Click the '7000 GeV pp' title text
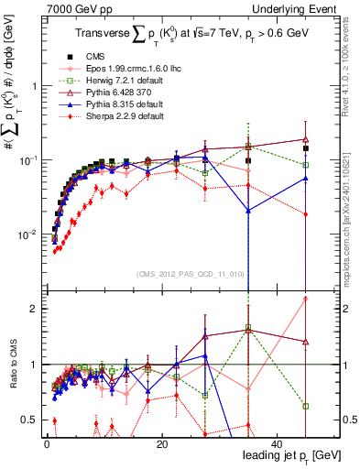pos(75,8)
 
